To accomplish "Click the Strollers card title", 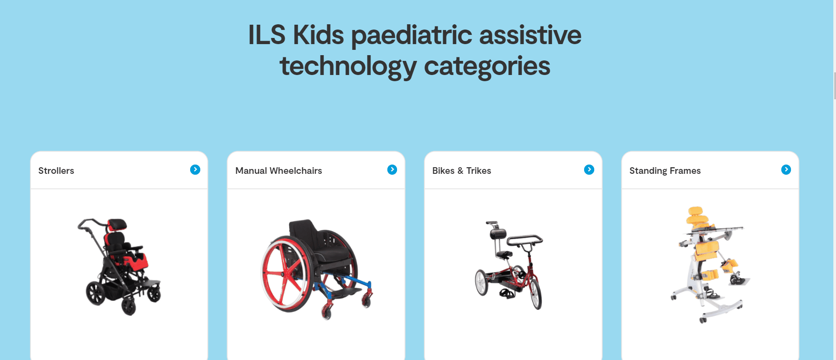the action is click(56, 171).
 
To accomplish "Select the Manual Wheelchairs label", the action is click(279, 171).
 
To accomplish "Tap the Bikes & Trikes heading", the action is click(461, 171).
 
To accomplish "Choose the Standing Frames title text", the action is click(665, 171).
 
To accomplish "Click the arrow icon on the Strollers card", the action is click(195, 169).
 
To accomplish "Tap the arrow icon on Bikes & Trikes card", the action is click(589, 169).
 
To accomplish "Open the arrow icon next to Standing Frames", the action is click(786, 169).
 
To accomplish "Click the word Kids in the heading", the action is click(318, 35).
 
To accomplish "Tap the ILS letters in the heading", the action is click(266, 35).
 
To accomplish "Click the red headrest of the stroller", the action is click(117, 224).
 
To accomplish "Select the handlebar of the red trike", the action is click(525, 240).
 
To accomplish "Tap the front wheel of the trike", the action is click(536, 294).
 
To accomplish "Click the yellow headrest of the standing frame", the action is click(697, 216).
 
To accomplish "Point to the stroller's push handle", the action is click(90, 223).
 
